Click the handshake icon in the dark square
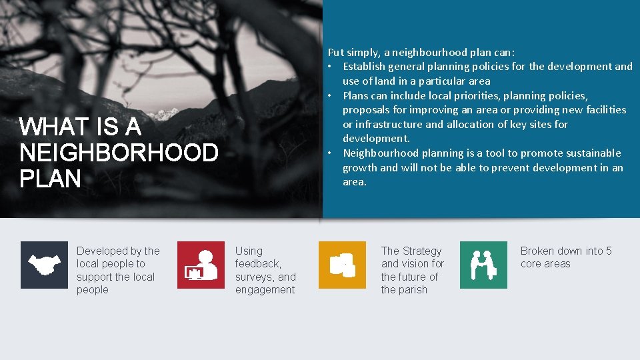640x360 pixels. [44, 265]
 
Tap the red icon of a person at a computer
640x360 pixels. [201, 265]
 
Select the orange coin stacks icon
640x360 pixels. [342, 265]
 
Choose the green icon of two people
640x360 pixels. [483, 265]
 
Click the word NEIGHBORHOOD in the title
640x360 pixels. [119, 153]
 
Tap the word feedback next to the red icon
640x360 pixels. [257, 264]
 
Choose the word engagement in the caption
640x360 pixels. [265, 290]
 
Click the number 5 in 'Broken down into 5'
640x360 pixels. [608, 251]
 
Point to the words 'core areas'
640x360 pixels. [545, 264]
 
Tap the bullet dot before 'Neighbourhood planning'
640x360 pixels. [331, 153]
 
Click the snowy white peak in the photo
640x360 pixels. [160, 113]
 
